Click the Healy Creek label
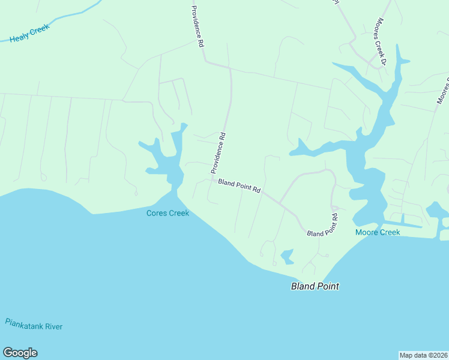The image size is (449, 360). tap(29, 33)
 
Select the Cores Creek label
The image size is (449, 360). tap(168, 213)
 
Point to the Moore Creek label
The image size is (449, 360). tap(378, 232)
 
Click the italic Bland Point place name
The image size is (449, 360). tap(315, 286)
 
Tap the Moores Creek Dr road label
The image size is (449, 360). tap(382, 39)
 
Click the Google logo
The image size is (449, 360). tap(20, 353)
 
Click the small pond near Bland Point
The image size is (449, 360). tap(287, 256)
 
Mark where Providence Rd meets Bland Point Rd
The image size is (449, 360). tap(211, 178)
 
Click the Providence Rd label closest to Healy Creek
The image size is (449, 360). tap(196, 26)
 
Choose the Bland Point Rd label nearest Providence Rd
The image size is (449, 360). tap(239, 186)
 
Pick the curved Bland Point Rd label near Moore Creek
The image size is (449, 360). tap(323, 226)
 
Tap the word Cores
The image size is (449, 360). tap(157, 213)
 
